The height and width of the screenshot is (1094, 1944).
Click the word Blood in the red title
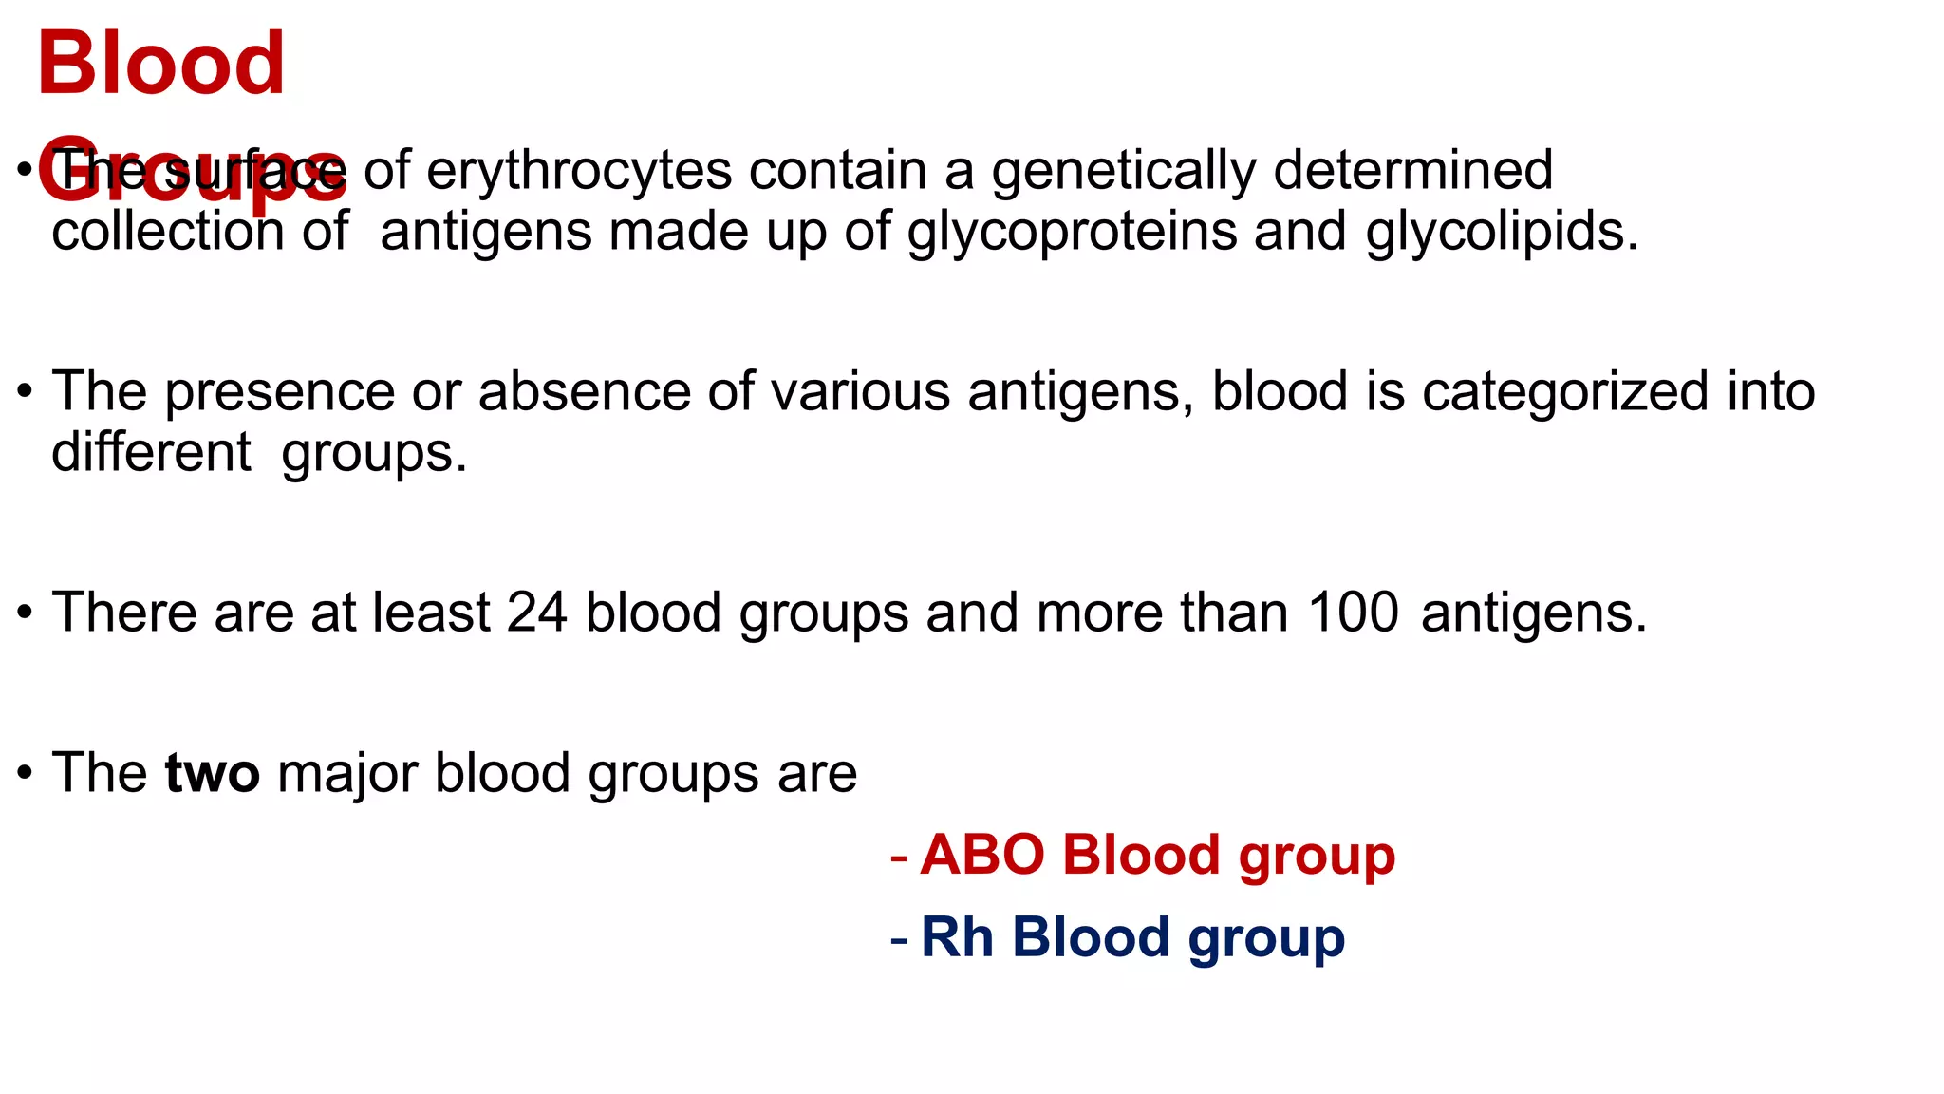[x=160, y=64]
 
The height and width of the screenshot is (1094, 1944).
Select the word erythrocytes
[x=579, y=172]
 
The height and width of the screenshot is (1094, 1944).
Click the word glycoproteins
[x=1073, y=233]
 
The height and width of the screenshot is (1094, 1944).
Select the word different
[x=152, y=452]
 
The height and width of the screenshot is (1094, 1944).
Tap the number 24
[x=536, y=613]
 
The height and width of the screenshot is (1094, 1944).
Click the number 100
[x=1353, y=613]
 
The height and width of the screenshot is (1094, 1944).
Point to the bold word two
[x=212, y=773]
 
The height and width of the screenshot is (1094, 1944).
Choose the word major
[x=347, y=773]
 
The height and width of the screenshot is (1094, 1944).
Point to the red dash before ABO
[x=899, y=858]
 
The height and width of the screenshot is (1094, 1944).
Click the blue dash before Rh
[x=899, y=941]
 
